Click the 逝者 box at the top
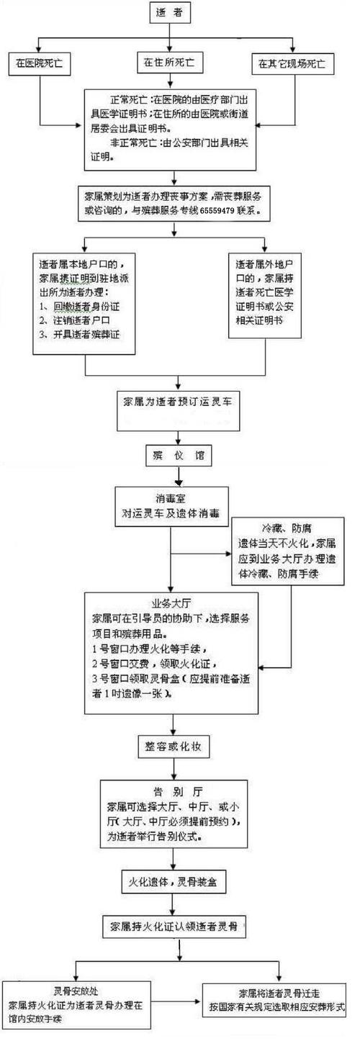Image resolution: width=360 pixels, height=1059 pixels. click(x=172, y=12)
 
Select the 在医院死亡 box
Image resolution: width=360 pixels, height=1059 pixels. click(x=40, y=63)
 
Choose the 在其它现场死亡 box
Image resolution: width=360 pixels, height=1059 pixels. click(x=292, y=63)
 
